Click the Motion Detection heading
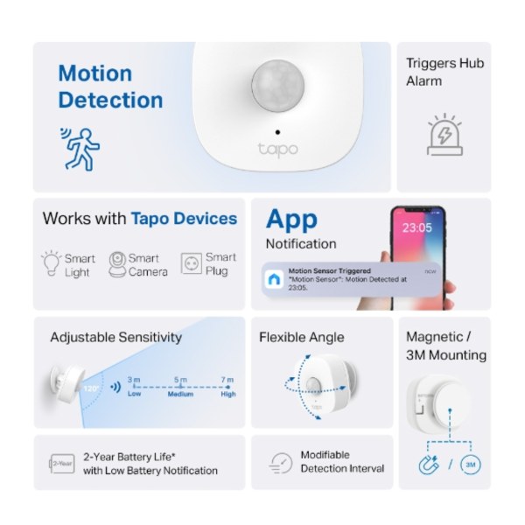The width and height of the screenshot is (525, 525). pyautogui.click(x=110, y=87)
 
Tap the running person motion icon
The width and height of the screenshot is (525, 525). pyautogui.click(x=80, y=149)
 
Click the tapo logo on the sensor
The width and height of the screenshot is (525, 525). pyautogui.click(x=277, y=149)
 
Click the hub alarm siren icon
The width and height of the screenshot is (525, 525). pyautogui.click(x=444, y=136)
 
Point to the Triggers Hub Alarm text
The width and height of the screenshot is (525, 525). pyautogui.click(x=444, y=72)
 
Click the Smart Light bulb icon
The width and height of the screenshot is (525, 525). pyautogui.click(x=51, y=263)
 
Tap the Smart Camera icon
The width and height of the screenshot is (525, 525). pyautogui.click(x=116, y=264)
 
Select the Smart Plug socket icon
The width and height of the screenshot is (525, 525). pyautogui.click(x=191, y=263)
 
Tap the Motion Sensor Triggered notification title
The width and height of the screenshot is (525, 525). pyautogui.click(x=330, y=272)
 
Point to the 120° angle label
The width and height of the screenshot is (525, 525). pyautogui.click(x=90, y=386)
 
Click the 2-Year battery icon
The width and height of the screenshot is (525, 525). pyautogui.click(x=61, y=463)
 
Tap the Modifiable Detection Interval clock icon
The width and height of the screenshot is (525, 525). pyautogui.click(x=280, y=463)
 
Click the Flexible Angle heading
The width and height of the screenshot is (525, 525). pyautogui.click(x=302, y=337)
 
